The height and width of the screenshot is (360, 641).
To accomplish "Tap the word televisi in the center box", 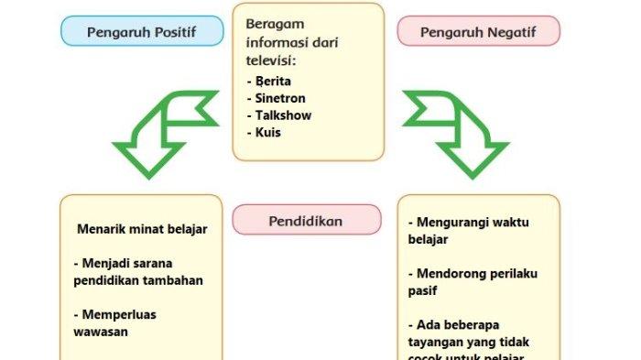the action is coord(269,60).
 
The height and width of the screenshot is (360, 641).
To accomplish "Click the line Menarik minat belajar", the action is coord(142,229).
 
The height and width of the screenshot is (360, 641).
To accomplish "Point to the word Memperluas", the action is coord(118,314).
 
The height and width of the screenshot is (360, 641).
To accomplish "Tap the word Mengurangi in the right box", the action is coord(455,223).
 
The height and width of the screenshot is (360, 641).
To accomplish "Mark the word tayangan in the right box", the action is coord(436,342).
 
